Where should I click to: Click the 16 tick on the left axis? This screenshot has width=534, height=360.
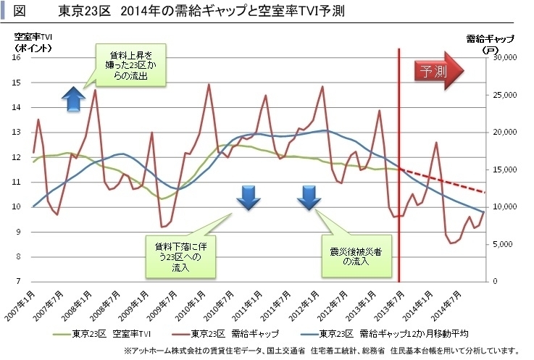(x=19, y=58)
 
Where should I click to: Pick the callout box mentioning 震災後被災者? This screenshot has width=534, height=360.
(x=356, y=254)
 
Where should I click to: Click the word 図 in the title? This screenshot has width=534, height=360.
(x=20, y=11)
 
